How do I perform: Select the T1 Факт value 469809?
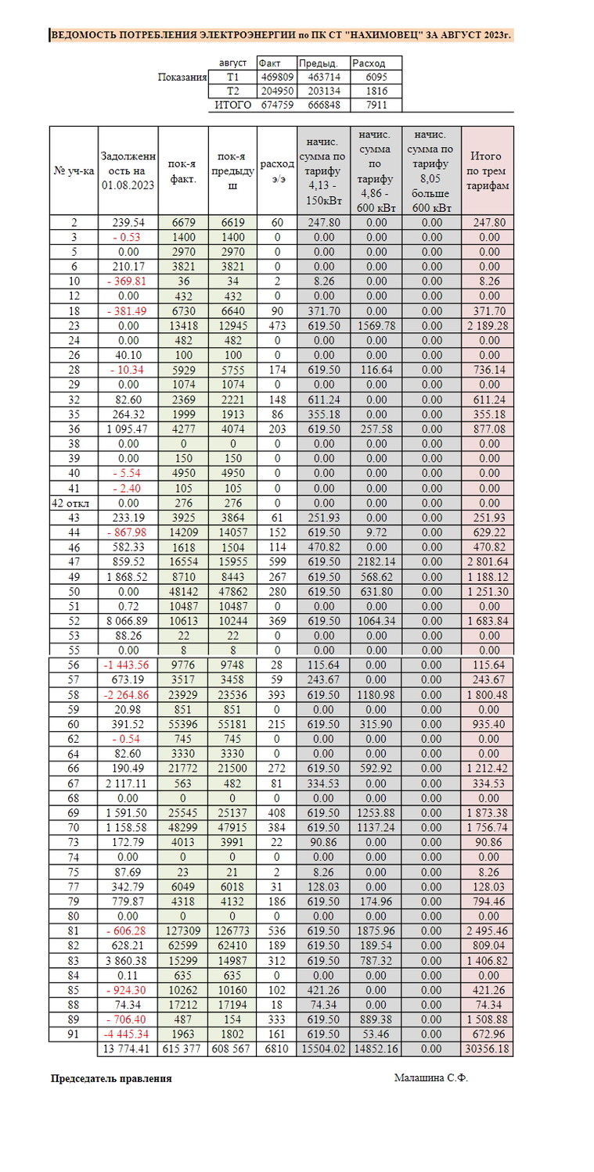pyautogui.click(x=275, y=77)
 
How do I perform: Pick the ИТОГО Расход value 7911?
pyautogui.click(x=376, y=105)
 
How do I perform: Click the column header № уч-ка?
pyautogui.click(x=74, y=171)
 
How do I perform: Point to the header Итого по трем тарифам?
pyautogui.click(x=488, y=171)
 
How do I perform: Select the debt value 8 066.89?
pyautogui.click(x=128, y=621)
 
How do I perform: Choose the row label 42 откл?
pyautogui.click(x=74, y=502)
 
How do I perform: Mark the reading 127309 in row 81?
pyautogui.click(x=183, y=931)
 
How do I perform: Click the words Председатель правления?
pyautogui.click(x=111, y=1078)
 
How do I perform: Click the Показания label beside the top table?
pyautogui.click(x=182, y=77)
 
